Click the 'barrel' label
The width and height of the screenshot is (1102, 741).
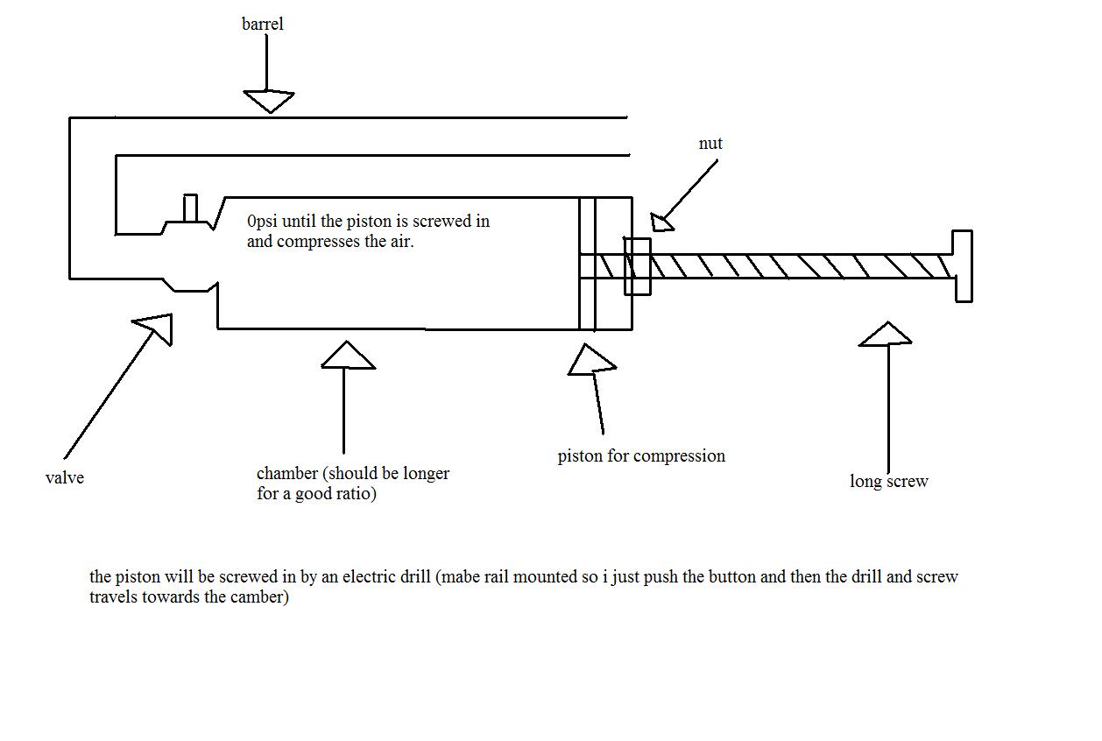(x=263, y=25)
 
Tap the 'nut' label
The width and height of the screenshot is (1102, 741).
(x=710, y=144)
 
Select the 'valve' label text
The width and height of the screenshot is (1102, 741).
(x=65, y=478)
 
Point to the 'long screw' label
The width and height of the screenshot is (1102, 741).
(x=888, y=482)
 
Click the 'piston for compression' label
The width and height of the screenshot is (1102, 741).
(x=641, y=456)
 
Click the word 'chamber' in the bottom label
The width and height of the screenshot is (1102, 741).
(x=286, y=474)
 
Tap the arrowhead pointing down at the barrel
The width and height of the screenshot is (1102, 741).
(x=268, y=101)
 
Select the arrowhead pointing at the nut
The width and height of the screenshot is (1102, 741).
(x=662, y=222)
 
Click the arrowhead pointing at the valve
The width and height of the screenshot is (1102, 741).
(x=156, y=327)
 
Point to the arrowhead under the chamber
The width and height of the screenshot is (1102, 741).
(x=348, y=356)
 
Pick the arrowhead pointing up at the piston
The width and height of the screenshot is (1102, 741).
(x=591, y=359)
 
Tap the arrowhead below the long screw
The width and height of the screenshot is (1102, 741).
(x=886, y=335)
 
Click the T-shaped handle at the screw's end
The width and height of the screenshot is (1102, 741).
(x=961, y=266)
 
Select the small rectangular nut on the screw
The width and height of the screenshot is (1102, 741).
(x=637, y=266)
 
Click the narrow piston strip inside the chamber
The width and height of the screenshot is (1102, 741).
(x=587, y=263)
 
